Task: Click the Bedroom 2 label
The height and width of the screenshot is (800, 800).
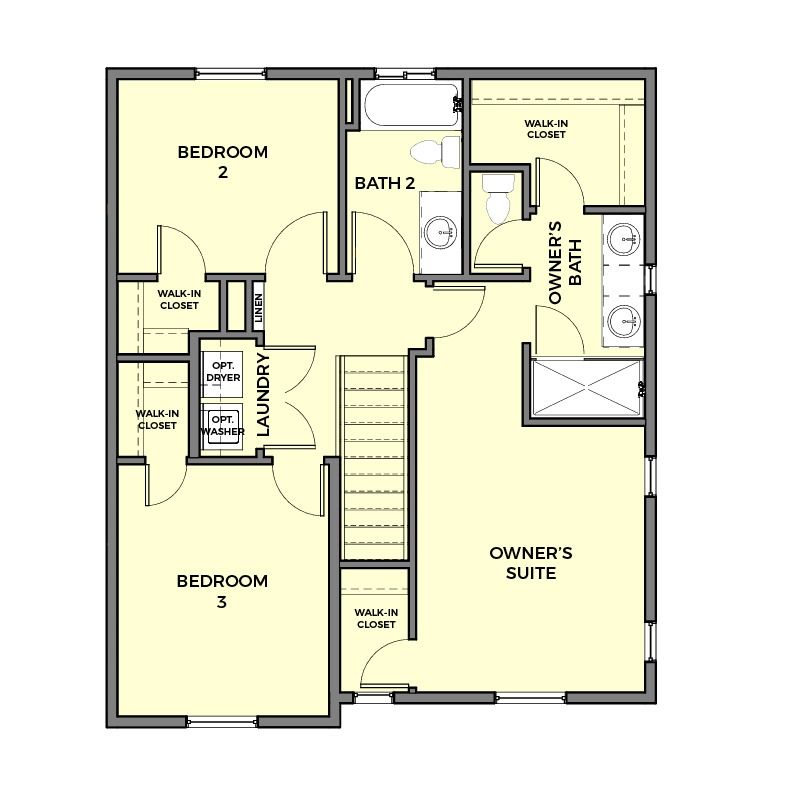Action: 222,162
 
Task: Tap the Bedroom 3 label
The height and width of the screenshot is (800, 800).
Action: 222,591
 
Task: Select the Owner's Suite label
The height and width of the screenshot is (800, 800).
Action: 531,563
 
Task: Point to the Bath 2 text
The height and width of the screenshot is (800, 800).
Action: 385,183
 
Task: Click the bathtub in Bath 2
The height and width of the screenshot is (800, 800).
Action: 412,106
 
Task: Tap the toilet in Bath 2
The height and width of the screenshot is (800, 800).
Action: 436,152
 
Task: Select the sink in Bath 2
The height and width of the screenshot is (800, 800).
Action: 440,232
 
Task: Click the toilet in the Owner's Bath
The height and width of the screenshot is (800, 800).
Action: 498,199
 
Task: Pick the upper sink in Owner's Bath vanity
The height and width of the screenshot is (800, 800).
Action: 624,239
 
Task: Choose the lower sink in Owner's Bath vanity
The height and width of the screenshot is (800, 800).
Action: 624,321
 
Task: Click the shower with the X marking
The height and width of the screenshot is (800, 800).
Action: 586,388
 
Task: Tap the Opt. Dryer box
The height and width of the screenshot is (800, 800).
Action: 222,374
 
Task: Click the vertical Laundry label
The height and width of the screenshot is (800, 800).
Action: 263,395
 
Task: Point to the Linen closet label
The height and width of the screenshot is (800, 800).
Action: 259,308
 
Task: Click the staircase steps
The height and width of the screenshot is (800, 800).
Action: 375,458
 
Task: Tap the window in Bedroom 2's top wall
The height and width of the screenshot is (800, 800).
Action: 231,73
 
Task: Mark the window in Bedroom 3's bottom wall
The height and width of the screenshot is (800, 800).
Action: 222,721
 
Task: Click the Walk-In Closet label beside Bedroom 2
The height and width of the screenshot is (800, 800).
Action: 179,299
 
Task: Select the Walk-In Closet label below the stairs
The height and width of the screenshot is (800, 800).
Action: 376,618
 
